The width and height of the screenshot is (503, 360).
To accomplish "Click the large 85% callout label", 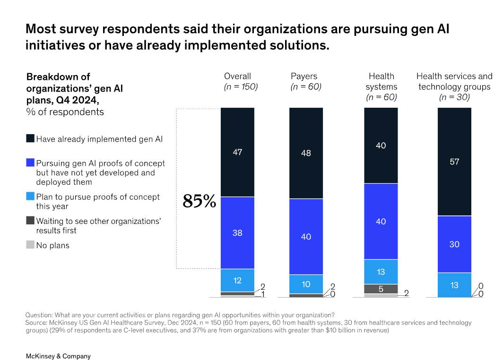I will coord(199,201).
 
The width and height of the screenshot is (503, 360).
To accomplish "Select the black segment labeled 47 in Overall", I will coord(237,152).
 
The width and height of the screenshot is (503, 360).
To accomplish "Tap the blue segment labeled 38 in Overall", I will coord(237,232).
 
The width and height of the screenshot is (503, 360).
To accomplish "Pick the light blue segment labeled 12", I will coord(237,280).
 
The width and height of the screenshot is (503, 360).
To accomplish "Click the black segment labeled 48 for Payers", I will coord(306,153).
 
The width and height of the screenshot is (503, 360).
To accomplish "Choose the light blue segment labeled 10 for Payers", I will coord(306,284).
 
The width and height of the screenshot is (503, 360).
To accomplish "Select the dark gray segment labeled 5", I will coord(381,289).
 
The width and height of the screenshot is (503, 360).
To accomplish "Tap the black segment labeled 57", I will coord(454,162).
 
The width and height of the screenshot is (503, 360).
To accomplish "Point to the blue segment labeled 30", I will coord(454,244).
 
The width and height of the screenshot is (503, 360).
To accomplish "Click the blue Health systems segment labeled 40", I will coord(381,221).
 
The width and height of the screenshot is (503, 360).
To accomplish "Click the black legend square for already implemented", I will coord(30,139).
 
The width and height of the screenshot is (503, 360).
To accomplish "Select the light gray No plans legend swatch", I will coord(30,245).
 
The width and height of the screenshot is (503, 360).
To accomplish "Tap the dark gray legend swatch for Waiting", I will coord(30,221).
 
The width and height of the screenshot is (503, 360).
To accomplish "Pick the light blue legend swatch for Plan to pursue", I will coord(30,197).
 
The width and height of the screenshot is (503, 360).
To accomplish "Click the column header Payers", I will coord(304,76).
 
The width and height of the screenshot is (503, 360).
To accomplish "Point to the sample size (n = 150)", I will coord(241,86).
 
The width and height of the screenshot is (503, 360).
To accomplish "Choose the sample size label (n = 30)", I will coord(454,97).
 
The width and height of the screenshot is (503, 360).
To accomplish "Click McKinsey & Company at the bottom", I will coord(58,356).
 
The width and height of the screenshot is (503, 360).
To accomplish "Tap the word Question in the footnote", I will coord(39,315).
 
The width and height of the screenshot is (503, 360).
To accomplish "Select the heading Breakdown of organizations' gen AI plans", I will coord(74,88).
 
